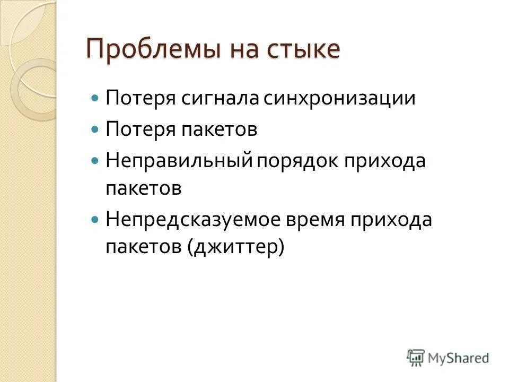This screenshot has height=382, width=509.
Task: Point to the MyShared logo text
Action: pos(459,358)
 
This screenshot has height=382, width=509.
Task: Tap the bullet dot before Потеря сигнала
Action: pos(95,99)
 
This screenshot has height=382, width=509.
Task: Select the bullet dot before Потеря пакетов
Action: pos(95,129)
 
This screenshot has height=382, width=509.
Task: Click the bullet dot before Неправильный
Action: pos(95,160)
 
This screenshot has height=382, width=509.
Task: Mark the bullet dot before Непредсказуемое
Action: pos(95,218)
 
